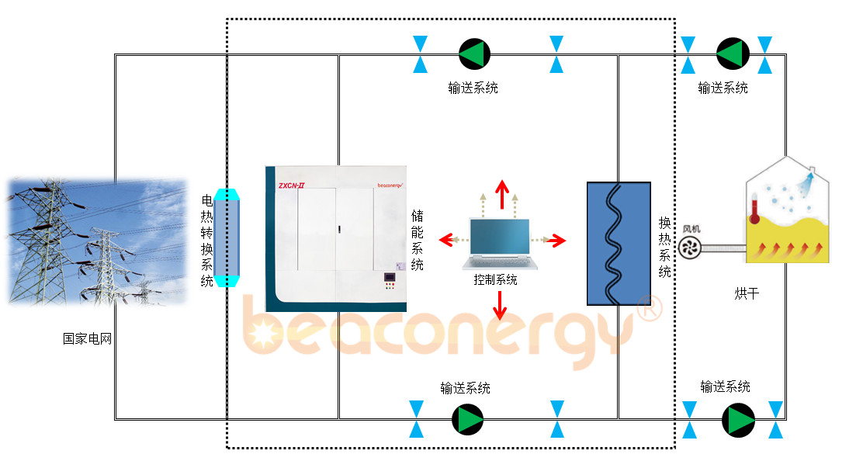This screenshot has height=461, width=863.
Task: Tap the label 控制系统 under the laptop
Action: tap(495, 280)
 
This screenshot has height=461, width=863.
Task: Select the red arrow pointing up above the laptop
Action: tap(502, 194)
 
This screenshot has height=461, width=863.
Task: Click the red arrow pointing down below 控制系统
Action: tap(500, 305)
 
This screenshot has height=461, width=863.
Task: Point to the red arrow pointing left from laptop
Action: tap(448, 240)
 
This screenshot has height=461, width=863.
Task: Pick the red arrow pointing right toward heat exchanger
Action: tap(556, 241)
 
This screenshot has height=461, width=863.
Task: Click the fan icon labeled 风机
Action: tap(688, 248)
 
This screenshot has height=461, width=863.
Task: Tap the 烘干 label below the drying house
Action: tap(747, 294)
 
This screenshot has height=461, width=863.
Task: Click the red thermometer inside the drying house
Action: tap(754, 209)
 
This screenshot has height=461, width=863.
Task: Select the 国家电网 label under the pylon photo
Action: tap(88, 338)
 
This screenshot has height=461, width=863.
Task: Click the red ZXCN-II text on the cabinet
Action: tap(291, 185)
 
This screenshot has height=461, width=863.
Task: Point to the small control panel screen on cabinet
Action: tap(390, 277)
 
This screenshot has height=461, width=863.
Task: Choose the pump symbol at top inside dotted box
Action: tap(474, 54)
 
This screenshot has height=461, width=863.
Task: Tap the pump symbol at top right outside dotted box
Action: tap(733, 54)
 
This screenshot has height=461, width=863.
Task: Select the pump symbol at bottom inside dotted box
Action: tap(468, 420)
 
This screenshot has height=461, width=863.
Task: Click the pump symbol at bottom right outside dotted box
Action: tap(738, 420)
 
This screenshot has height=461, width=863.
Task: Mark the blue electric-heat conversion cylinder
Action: tap(227, 237)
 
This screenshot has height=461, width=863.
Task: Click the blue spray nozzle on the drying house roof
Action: tap(806, 182)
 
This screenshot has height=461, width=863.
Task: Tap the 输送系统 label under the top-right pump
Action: tap(723, 88)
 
